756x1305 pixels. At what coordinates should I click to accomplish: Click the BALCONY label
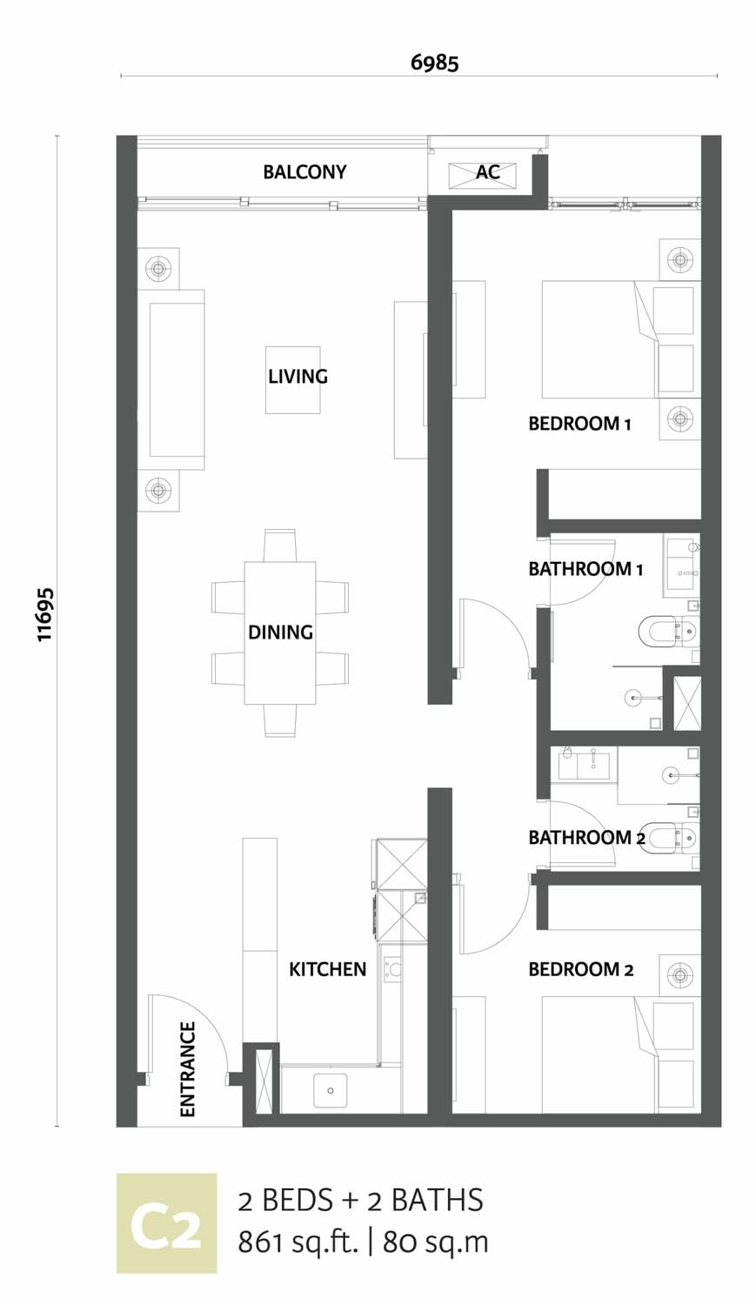pos(304,172)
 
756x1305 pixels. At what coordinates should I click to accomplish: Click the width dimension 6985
pos(434,63)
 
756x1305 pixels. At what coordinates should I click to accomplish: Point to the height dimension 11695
pos(45,614)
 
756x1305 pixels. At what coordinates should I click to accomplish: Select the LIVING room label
pos(298,377)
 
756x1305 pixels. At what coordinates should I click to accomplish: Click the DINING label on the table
pos(280,632)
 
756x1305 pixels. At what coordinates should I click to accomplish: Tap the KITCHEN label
pos(327,969)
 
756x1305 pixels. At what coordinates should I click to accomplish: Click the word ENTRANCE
pos(187,1069)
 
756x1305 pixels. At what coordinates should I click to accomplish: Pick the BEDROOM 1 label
pos(579,424)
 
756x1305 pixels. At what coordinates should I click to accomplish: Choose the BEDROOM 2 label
pos(580,969)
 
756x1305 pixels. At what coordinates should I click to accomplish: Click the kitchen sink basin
pos(331,1091)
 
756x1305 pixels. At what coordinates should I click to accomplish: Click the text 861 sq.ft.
pos(297,1242)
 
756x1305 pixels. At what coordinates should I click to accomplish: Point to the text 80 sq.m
pos(436,1242)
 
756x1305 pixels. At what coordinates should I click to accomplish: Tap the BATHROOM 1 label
pos(585,569)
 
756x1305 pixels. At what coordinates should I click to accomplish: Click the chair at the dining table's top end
pos(281,545)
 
